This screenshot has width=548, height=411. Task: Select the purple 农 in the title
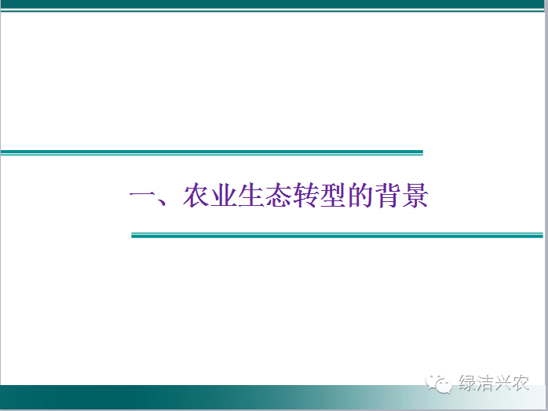pyautogui.click(x=196, y=194)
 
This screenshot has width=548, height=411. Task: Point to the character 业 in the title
pyautogui.click(x=224, y=194)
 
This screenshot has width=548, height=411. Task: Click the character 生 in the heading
pyautogui.click(x=251, y=194)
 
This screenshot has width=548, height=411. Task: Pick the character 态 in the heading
pyautogui.click(x=278, y=195)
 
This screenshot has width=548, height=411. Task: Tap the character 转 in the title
pyautogui.click(x=305, y=195)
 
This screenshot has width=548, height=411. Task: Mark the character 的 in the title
pyautogui.click(x=360, y=195)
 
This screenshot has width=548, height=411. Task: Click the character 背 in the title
pyautogui.click(x=387, y=195)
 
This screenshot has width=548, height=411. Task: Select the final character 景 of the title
pyautogui.click(x=415, y=195)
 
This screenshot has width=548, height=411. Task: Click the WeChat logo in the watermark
pyautogui.click(x=439, y=383)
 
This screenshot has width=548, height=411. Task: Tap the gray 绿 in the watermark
pyautogui.click(x=467, y=383)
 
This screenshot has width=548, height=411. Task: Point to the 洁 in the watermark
pyautogui.click(x=484, y=383)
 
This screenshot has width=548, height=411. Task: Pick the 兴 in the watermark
pyautogui.click(x=502, y=383)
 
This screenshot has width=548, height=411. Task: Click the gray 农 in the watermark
pyautogui.click(x=520, y=383)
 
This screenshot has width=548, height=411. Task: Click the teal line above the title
pyautogui.click(x=212, y=152)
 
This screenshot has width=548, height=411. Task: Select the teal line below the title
pyautogui.click(x=338, y=236)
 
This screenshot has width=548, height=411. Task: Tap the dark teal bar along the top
pyautogui.click(x=272, y=4)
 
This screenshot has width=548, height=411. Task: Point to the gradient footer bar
pyautogui.click(x=272, y=397)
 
